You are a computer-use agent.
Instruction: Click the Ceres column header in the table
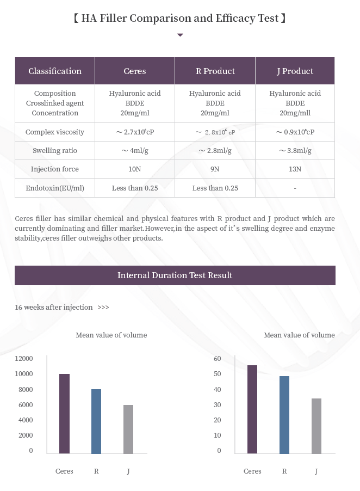click(x=135, y=71)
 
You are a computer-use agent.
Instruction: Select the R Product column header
click(x=215, y=71)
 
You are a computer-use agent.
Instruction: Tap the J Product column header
click(x=295, y=71)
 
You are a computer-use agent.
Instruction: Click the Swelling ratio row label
click(x=55, y=151)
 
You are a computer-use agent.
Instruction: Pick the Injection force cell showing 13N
click(x=295, y=169)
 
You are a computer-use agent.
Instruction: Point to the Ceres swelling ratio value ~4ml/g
click(x=135, y=151)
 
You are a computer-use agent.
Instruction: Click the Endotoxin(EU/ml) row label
click(x=55, y=188)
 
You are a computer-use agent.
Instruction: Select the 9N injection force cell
click(x=215, y=169)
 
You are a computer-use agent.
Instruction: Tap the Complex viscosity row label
click(x=55, y=132)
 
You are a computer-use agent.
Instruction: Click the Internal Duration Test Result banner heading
click(x=175, y=275)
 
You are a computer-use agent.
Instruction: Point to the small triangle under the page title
click(x=181, y=35)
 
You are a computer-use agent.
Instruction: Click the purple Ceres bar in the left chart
click(x=64, y=414)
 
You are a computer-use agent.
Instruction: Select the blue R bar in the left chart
click(x=96, y=421)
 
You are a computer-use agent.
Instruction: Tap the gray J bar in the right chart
click(x=316, y=426)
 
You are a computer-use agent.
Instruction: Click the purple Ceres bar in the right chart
click(x=252, y=409)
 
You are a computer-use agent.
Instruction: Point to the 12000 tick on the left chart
click(x=24, y=359)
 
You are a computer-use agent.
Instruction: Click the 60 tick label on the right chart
click(x=218, y=359)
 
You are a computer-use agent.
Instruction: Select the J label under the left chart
click(x=128, y=471)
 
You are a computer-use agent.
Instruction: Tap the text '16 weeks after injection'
click(x=54, y=308)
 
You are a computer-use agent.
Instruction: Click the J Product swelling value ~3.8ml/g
click(x=295, y=151)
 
